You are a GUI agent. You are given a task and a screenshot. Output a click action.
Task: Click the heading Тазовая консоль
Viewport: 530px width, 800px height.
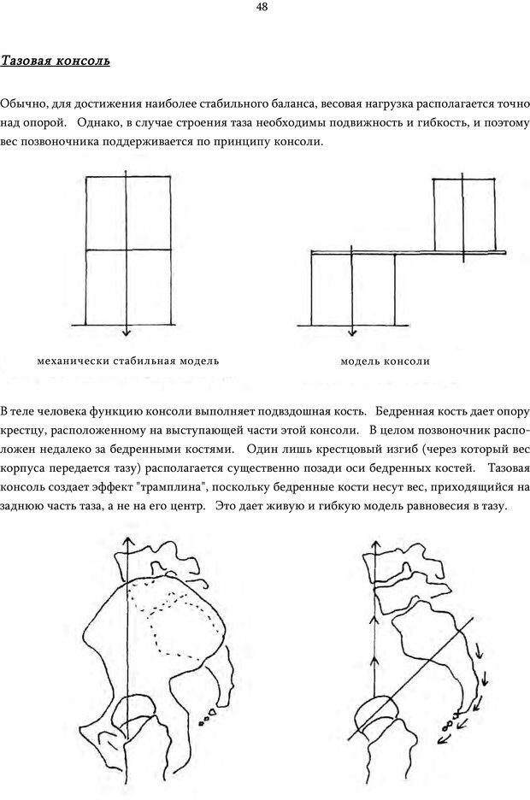click(x=55, y=62)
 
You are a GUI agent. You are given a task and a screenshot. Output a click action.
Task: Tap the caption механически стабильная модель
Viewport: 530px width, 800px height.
click(x=128, y=361)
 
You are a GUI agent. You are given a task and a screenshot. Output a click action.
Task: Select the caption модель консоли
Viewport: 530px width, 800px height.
click(x=385, y=361)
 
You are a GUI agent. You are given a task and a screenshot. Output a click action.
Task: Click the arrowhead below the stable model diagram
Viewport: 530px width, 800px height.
click(x=125, y=332)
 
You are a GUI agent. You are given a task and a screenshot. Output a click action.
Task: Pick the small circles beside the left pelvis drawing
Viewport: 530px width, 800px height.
click(x=208, y=715)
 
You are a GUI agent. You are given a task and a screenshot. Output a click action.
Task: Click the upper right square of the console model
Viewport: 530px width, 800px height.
click(x=463, y=214)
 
